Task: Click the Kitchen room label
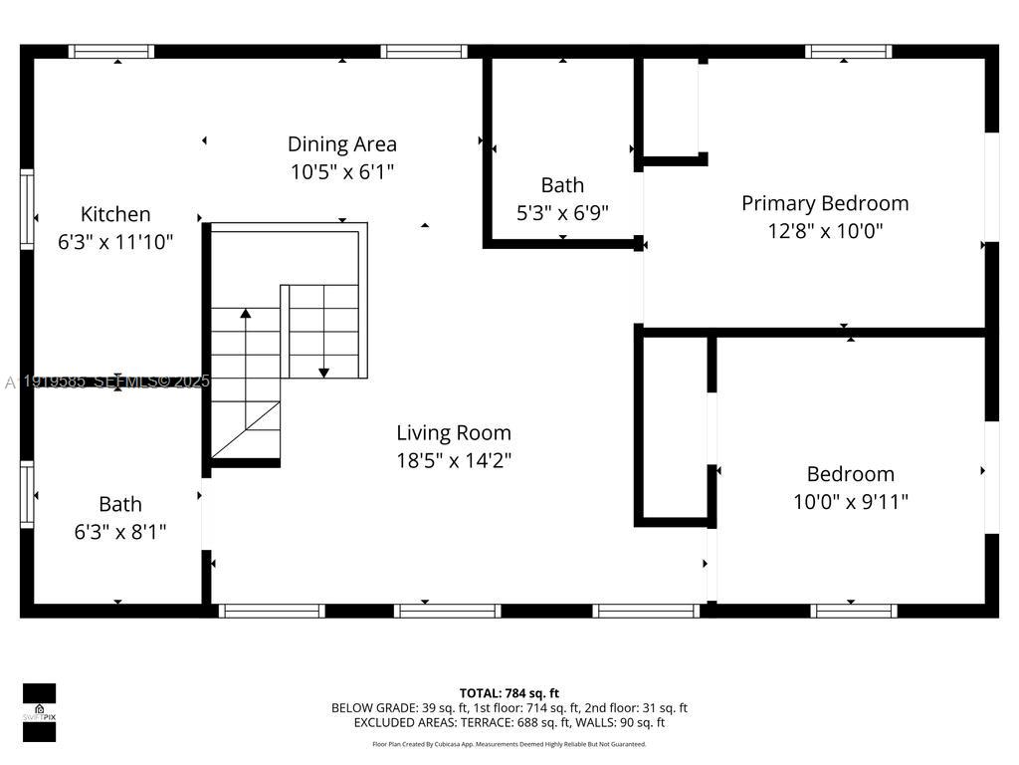click(115, 214)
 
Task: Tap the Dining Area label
click(342, 144)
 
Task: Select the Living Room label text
click(454, 433)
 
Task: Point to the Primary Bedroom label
click(825, 203)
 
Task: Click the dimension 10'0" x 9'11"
click(850, 502)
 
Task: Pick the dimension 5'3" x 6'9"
click(563, 212)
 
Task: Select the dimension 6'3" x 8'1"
click(120, 532)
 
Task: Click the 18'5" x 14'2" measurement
click(454, 460)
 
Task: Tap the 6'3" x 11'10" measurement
click(115, 241)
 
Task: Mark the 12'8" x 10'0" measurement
click(825, 231)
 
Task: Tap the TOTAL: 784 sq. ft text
click(509, 693)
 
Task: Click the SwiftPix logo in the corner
click(40, 712)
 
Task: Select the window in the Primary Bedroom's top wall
click(848, 52)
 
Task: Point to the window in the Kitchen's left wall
click(27, 209)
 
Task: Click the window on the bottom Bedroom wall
click(854, 611)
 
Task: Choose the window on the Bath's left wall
click(27, 493)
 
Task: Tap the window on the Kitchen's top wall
click(111, 52)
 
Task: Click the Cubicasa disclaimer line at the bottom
click(509, 744)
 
